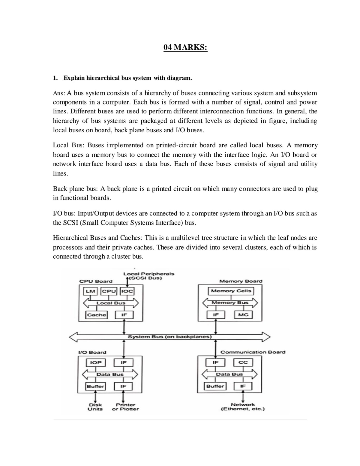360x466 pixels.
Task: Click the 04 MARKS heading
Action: pos(185,48)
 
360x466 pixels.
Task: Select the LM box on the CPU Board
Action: pos(90,291)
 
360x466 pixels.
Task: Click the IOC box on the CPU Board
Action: pos(127,291)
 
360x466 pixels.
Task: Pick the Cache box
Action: pos(96,315)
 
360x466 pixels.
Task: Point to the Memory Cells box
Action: pos(231,291)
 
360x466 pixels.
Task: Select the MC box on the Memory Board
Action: pos(243,315)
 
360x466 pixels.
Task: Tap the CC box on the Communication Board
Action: pos(243,362)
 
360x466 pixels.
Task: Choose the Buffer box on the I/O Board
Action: pos(95,386)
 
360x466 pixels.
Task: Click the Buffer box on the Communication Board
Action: pos(215,386)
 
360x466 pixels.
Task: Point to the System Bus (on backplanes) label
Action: pos(170,337)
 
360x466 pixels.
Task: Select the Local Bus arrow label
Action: pos(111,303)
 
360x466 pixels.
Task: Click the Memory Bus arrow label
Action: pos(230,302)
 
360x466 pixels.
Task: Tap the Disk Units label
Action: pos(95,407)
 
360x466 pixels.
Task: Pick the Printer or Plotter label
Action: pos(125,407)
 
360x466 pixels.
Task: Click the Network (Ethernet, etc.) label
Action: pos(242,407)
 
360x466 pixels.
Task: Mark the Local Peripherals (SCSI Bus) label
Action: pos(148,276)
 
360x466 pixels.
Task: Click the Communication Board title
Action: pos(253,352)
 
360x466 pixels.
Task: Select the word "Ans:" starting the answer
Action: pos(59,93)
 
